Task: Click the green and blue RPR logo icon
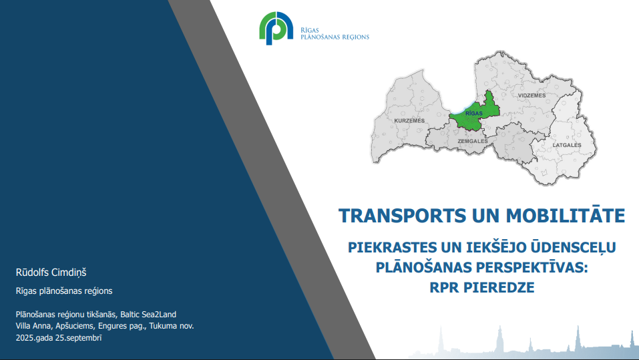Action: [276, 28]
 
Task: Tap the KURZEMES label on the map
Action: [409, 121]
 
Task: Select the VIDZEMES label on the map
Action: [531, 96]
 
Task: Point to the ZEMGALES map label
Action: [472, 141]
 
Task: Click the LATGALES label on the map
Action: [566, 145]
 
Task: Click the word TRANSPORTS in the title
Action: [402, 216]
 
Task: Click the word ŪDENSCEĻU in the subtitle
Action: [573, 247]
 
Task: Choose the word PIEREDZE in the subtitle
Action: [499, 287]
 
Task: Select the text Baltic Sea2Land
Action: [148, 315]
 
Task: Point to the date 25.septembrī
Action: [79, 338]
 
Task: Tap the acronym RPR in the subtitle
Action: [445, 287]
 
